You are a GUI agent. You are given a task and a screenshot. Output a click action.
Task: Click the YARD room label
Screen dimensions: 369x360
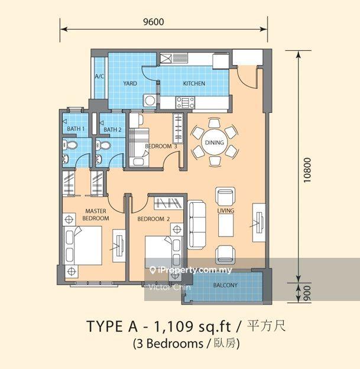pyautogui.click(x=129, y=83)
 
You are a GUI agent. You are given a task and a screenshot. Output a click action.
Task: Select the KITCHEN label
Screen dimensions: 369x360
pyautogui.click(x=193, y=83)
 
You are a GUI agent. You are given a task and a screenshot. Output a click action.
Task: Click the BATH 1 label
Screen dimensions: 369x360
pyautogui.click(x=76, y=129)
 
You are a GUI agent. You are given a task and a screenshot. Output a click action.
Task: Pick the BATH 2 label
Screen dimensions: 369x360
pyautogui.click(x=112, y=129)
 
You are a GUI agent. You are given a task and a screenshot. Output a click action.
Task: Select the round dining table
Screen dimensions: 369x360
pyautogui.click(x=215, y=142)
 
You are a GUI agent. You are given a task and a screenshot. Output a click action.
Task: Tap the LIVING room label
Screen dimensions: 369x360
pyautogui.click(x=226, y=211)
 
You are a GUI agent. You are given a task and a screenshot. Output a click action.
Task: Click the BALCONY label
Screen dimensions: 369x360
pyautogui.click(x=225, y=286)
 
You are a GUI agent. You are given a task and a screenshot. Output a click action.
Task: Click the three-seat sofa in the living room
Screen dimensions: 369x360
pyautogui.click(x=197, y=225)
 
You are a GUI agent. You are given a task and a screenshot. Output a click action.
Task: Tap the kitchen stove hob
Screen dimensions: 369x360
pyautogui.click(x=184, y=102)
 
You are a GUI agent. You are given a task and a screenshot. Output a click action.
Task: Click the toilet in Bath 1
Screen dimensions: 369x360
pyautogui.click(x=70, y=145)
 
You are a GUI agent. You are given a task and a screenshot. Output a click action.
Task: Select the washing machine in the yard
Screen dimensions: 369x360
pyautogui.click(x=150, y=101)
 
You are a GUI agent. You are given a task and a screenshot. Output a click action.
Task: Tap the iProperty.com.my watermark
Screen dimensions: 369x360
pyautogui.click(x=191, y=270)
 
